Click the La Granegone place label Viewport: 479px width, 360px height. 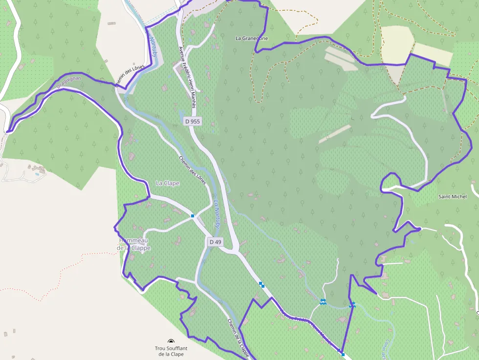(252, 38)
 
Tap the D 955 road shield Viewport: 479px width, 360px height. (192, 121)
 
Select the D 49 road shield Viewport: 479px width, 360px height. (215, 242)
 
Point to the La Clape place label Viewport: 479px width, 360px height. (168, 183)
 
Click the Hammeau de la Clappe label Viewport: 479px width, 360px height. (134, 244)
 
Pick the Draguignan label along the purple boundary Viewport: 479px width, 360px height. (68, 81)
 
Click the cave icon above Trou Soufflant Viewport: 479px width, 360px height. (171, 342)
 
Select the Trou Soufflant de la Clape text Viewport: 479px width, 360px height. (169, 351)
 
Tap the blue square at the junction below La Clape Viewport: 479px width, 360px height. (193, 215)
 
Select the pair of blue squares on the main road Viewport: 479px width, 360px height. (262, 284)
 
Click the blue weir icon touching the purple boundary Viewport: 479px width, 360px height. (352, 305)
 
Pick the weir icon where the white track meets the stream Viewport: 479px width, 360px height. (323, 302)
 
